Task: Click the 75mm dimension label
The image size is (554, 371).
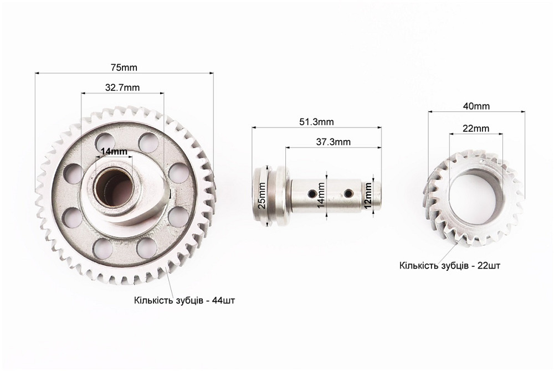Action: pos(124,67)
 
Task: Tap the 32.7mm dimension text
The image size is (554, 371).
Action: pos(122,87)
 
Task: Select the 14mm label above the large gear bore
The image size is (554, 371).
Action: pos(114,151)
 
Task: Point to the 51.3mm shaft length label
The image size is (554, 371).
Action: pos(316,122)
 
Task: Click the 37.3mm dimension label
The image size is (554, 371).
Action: pos(333,142)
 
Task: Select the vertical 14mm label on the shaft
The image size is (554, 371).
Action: pos(321,195)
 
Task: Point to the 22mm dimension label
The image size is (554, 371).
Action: pos(476,128)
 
